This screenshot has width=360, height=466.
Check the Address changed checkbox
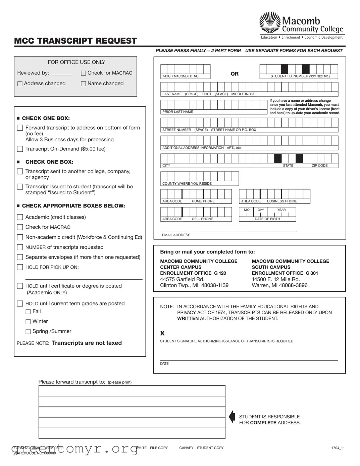(x=20, y=84)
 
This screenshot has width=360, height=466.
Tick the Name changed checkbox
(x=84, y=84)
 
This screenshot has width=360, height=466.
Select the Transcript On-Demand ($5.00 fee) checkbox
(x=20, y=149)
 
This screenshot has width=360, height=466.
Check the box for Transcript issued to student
(x=20, y=187)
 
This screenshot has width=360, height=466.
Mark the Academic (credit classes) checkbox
(x=20, y=217)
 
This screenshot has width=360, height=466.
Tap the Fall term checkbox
(x=28, y=312)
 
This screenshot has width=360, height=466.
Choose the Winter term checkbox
(x=28, y=322)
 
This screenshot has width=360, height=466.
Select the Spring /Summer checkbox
(x=28, y=332)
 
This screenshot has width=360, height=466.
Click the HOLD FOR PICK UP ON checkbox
(x=20, y=267)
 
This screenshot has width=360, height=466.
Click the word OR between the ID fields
(x=235, y=74)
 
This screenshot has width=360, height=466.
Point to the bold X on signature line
(x=162, y=333)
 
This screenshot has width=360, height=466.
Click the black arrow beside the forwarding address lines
(x=232, y=417)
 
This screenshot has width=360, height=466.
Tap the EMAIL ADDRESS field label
(x=176, y=235)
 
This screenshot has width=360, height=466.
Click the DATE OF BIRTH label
(x=267, y=219)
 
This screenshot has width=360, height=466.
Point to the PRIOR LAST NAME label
(x=177, y=112)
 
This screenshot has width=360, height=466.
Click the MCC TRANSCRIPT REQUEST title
(x=75, y=41)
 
